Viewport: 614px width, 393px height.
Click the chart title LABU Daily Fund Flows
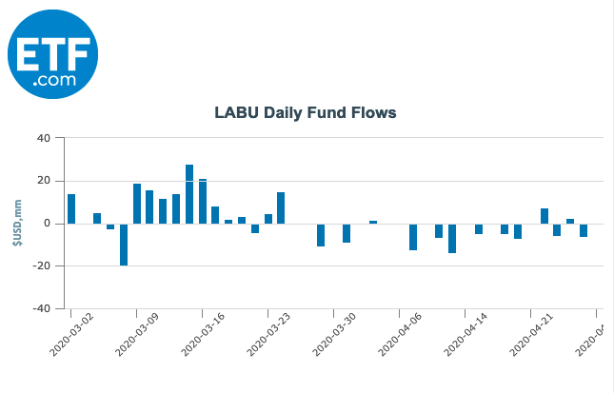coord(305,113)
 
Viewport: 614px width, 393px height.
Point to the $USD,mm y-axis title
coord(17,224)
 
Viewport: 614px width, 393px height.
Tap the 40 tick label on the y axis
coord(43,138)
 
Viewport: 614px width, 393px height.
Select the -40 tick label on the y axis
coord(40,309)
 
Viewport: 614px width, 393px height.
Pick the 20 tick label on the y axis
coord(43,181)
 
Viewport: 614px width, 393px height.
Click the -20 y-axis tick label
coord(40,266)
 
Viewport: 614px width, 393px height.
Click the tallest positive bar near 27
coord(189,194)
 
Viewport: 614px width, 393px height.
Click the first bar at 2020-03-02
coord(71,209)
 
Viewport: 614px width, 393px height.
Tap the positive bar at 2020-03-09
coord(137,204)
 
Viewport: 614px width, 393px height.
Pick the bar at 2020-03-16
coord(203,202)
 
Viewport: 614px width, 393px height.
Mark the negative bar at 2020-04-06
coord(413,237)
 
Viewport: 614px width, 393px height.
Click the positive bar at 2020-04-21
coord(545,216)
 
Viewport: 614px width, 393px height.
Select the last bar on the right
coord(584,230)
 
